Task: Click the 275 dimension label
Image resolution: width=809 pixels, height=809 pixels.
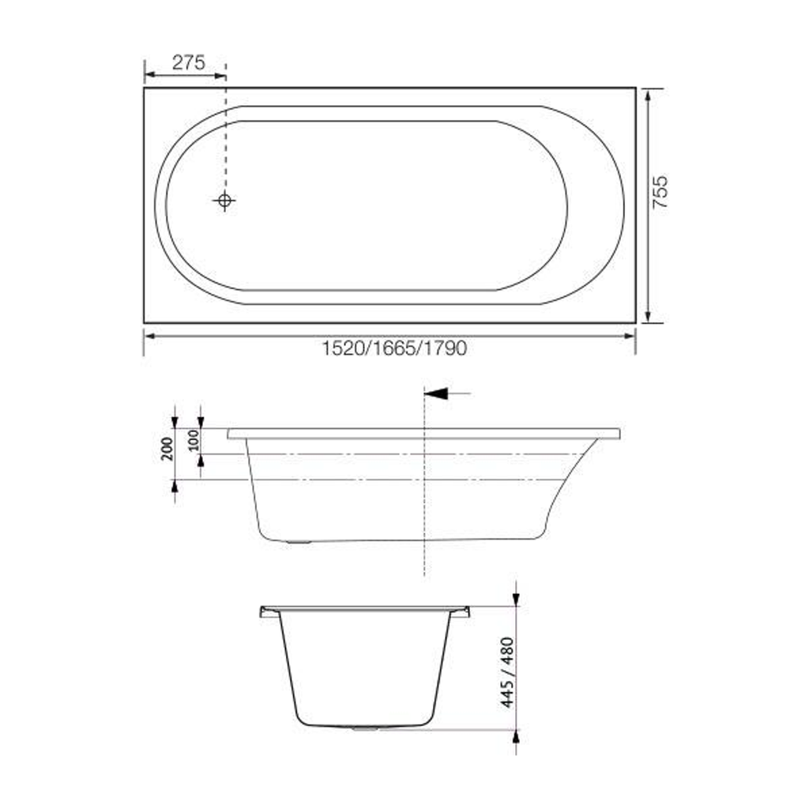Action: click(x=189, y=62)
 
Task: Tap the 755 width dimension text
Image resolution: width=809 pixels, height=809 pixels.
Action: click(x=660, y=192)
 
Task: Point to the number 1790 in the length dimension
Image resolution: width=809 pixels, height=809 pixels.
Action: click(x=446, y=348)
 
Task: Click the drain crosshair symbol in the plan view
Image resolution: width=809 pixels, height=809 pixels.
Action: click(x=224, y=200)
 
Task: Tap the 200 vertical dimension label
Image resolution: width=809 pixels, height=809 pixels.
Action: click(x=167, y=449)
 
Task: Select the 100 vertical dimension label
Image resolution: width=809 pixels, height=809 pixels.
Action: click(x=194, y=441)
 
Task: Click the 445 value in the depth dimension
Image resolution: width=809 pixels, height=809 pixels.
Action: click(x=508, y=694)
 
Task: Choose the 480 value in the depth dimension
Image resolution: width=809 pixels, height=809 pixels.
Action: click(x=508, y=652)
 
